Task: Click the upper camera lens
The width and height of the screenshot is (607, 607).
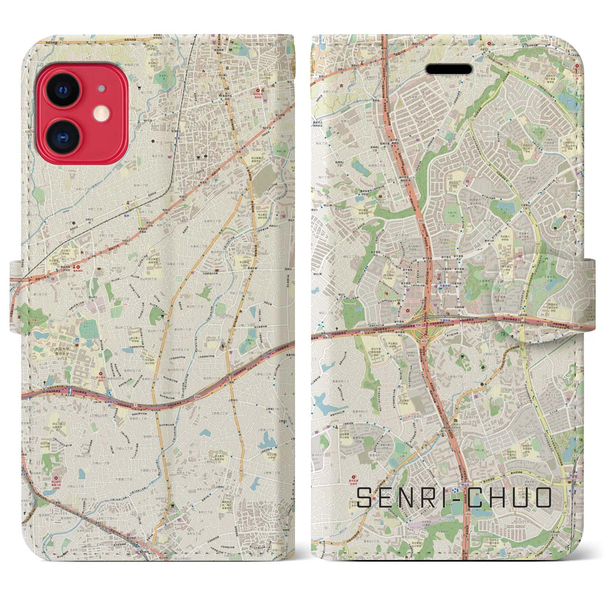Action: click(x=64, y=89)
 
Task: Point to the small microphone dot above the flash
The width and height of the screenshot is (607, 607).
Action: click(x=101, y=88)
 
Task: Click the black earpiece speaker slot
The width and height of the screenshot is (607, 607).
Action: click(x=450, y=70)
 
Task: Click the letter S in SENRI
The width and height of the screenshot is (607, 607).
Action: click(x=365, y=497)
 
